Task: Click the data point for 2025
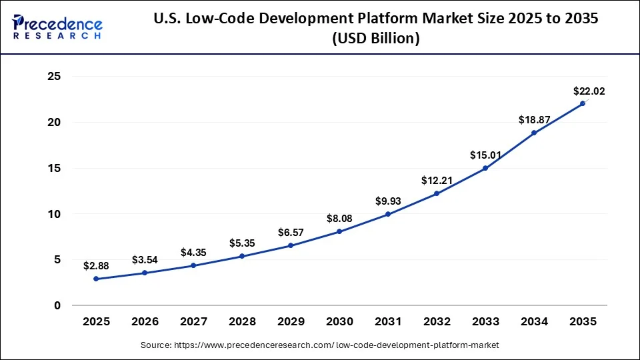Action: coord(96,279)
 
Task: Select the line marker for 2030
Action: coord(339,231)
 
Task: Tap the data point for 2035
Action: coord(583,103)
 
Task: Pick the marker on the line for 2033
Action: coord(485,168)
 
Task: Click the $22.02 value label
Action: coord(589,91)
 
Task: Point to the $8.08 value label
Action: coord(339,218)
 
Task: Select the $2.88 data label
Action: coord(96,265)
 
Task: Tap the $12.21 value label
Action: coord(437,180)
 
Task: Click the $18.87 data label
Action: coord(534,119)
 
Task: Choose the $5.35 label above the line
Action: coord(242,243)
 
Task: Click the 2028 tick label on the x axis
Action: coord(242,321)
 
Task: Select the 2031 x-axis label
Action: coord(388,321)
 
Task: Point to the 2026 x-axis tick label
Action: coord(145,321)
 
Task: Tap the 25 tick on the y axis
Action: coord(54,77)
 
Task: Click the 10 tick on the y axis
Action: coord(54,214)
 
